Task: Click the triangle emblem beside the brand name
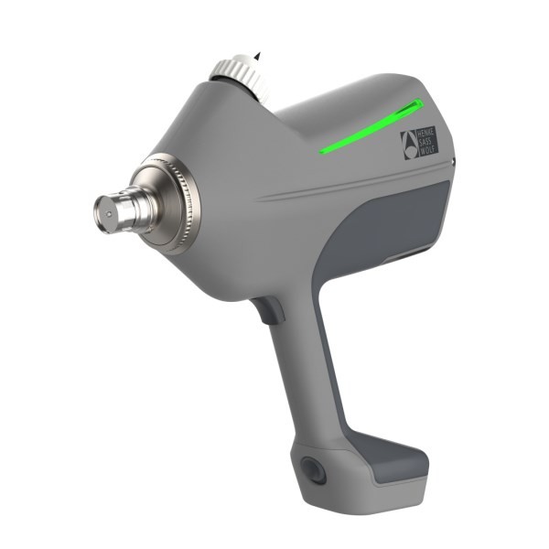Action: click(x=408, y=142)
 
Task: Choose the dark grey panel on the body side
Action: click(x=384, y=229)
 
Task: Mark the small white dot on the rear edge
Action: click(x=455, y=163)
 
